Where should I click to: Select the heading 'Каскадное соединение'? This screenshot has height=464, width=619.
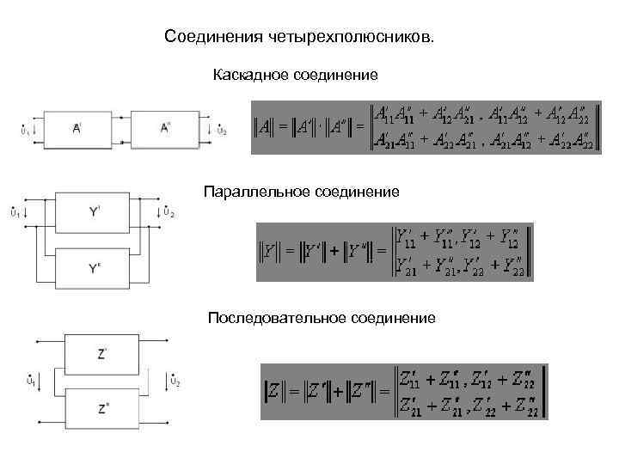(295, 76)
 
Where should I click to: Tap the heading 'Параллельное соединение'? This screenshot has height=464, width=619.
(301, 192)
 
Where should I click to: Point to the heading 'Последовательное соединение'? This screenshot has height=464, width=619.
(322, 318)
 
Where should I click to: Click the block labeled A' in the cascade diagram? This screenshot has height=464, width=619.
(77, 129)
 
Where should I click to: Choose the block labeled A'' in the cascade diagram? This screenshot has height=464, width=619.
(166, 129)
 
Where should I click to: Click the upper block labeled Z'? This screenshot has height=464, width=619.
(103, 353)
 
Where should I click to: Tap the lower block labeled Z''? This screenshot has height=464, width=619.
(103, 408)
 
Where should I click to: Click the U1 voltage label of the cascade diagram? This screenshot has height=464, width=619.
(23, 131)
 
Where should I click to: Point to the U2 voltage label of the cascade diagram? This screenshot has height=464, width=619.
(220, 131)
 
